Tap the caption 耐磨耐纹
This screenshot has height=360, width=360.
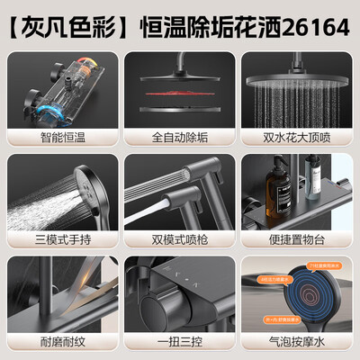point(60,343)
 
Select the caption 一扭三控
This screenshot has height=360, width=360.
point(179,343)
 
